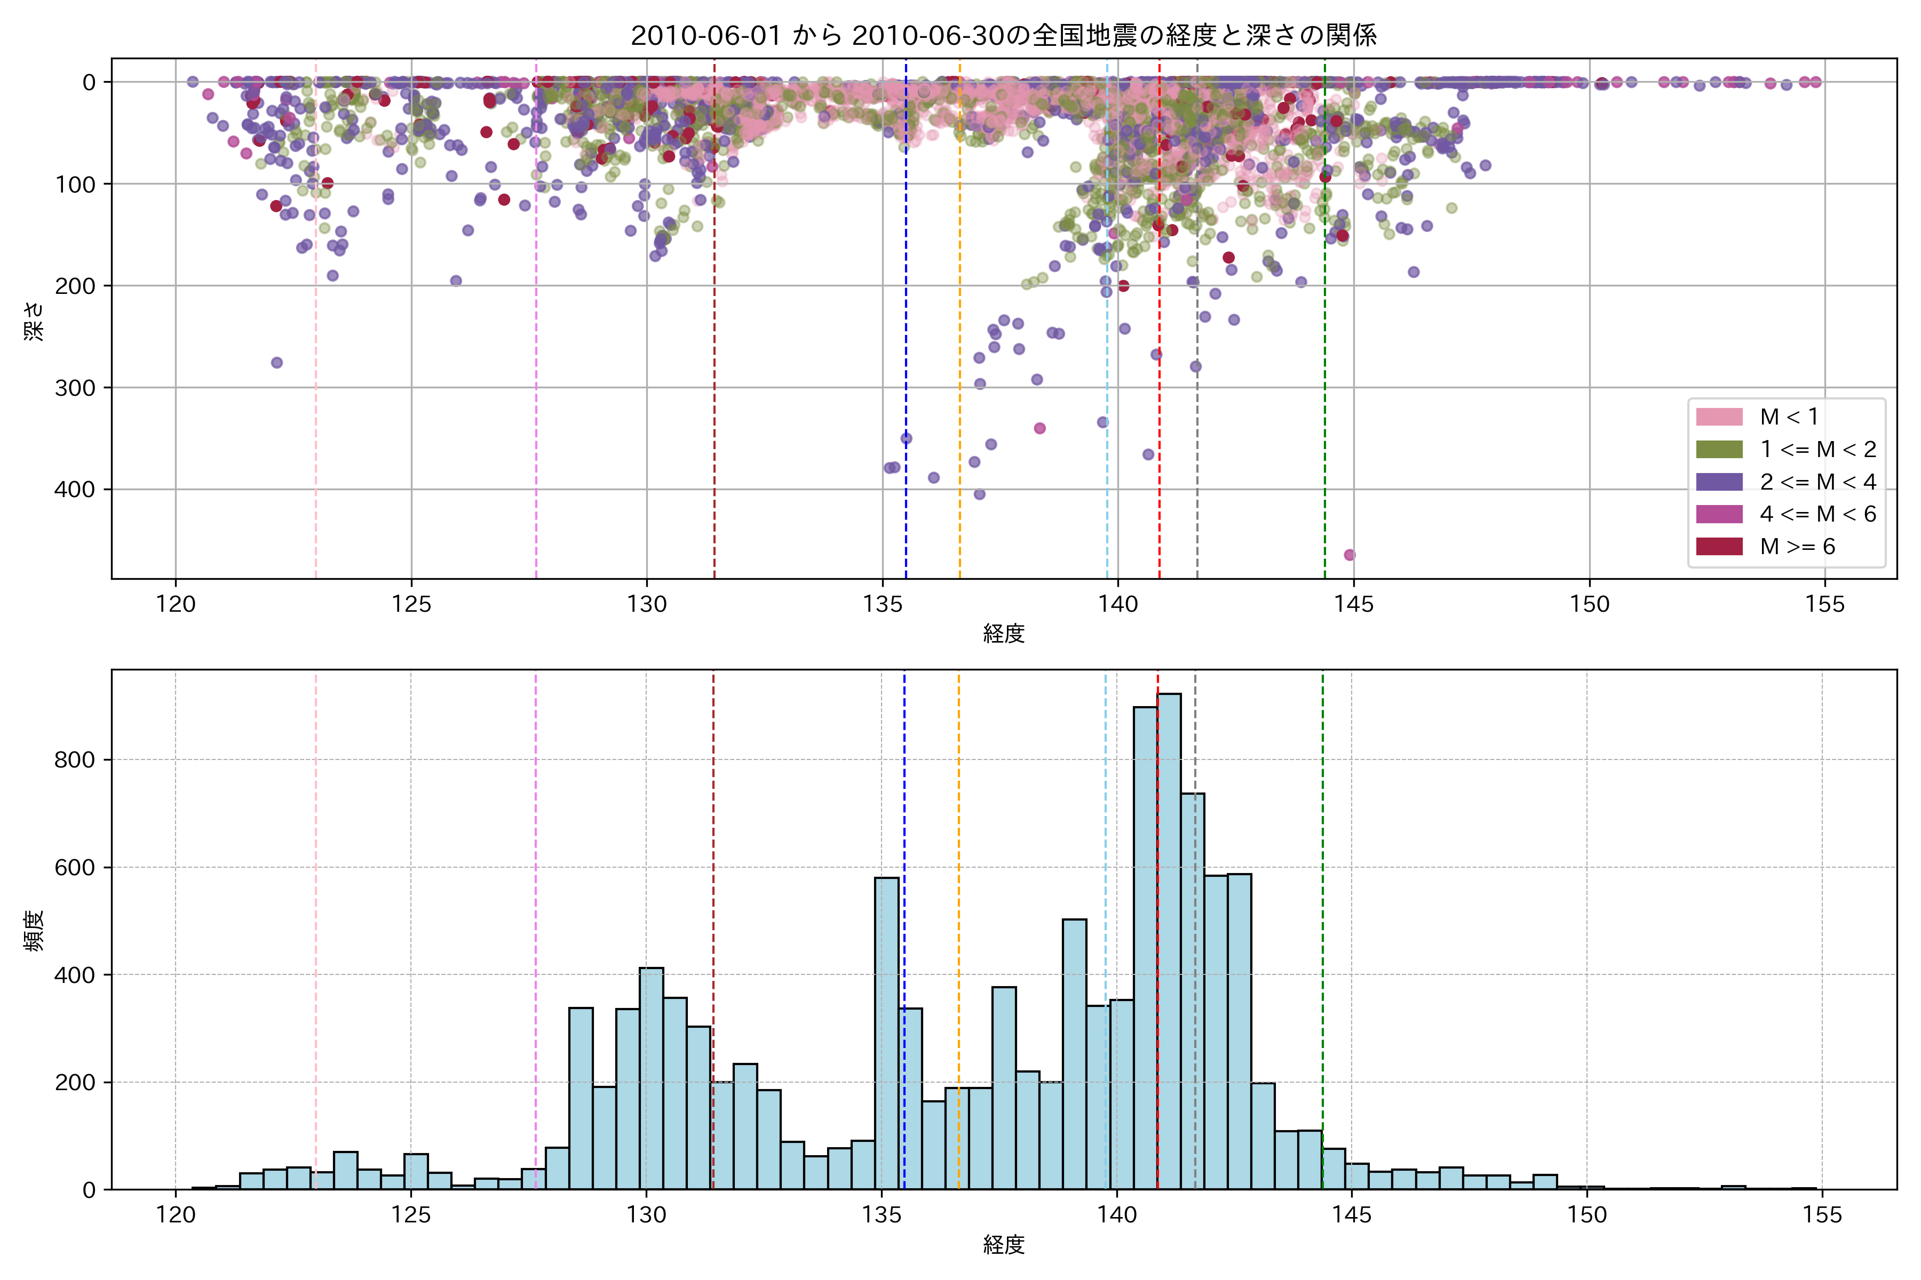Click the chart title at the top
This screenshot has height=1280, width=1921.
coord(1003,35)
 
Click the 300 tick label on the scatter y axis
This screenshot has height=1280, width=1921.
coord(75,388)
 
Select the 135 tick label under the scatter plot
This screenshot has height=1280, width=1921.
coord(882,605)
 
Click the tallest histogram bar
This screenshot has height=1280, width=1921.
coord(1169,939)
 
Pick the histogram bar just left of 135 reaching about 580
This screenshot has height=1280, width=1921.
coord(886,1033)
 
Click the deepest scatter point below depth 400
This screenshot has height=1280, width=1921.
coord(1350,555)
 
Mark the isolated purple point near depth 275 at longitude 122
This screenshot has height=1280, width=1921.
coord(277,363)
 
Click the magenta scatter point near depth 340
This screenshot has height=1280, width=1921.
coord(1039,429)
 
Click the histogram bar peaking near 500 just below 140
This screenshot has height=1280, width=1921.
coord(1074,1053)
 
